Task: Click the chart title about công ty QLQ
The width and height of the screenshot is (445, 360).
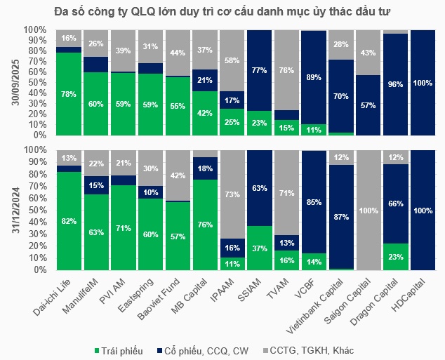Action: click(x=222, y=12)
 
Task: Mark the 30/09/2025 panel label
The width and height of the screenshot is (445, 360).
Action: click(x=12, y=82)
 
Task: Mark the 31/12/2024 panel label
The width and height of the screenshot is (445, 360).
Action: click(x=12, y=209)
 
